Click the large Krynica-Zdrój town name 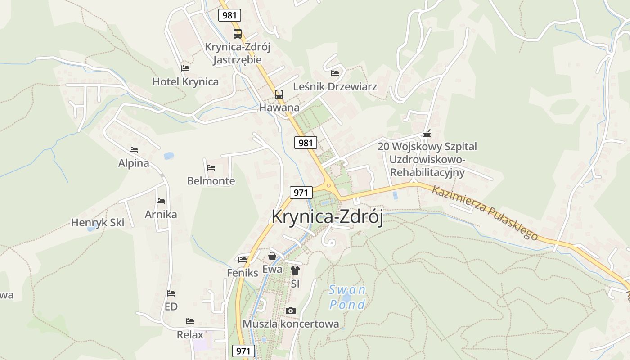327,217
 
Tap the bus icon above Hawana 279,94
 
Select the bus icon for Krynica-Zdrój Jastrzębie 237,33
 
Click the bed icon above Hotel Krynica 185,68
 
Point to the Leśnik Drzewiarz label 335,86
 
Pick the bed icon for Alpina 133,150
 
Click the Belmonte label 211,181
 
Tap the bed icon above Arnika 161,201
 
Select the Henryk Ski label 98,223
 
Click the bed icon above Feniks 243,259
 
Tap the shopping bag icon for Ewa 272,256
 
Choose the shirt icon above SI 295,270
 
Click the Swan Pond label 347,297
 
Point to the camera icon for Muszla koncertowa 291,310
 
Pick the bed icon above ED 171,293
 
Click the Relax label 190,335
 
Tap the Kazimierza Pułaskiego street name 485,212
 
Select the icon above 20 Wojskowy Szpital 427,134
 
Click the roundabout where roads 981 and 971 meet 329,185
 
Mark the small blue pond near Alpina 169,156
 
